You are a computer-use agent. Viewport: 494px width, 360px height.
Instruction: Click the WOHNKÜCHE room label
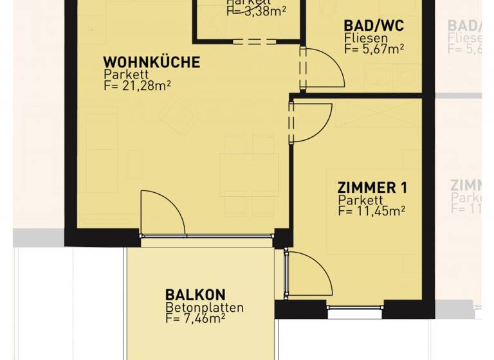(x=151, y=62)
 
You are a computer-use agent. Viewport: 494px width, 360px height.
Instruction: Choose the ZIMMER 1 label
(x=372, y=188)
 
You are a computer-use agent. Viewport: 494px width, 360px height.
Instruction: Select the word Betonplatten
(x=204, y=307)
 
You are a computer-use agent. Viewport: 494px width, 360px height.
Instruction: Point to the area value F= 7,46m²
(x=195, y=318)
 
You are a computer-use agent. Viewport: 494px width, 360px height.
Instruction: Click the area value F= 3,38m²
(x=256, y=10)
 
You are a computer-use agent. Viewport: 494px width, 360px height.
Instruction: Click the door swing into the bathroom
(x=325, y=69)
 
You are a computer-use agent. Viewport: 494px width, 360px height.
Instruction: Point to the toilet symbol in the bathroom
(x=329, y=8)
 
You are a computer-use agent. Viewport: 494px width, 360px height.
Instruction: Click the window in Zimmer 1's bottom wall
(x=355, y=314)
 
